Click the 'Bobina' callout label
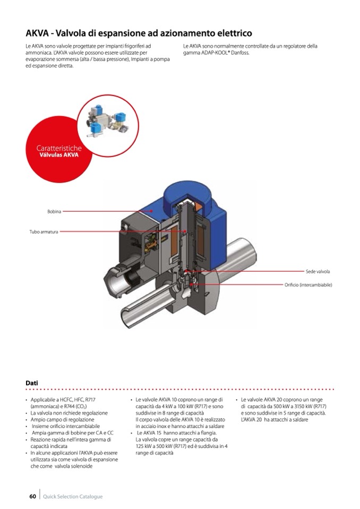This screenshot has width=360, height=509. pyautogui.click(x=54, y=211)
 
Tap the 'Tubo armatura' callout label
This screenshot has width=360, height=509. pyautogui.click(x=44, y=231)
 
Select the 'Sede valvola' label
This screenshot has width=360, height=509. pyautogui.click(x=318, y=271)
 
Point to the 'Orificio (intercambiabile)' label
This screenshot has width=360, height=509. pyautogui.click(x=308, y=285)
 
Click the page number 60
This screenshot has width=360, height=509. pyautogui.click(x=32, y=496)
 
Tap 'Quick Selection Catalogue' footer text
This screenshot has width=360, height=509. pyautogui.click(x=73, y=497)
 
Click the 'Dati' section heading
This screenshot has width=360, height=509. pyautogui.click(x=32, y=383)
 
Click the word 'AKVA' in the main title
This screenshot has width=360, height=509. pyautogui.click(x=37, y=33)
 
